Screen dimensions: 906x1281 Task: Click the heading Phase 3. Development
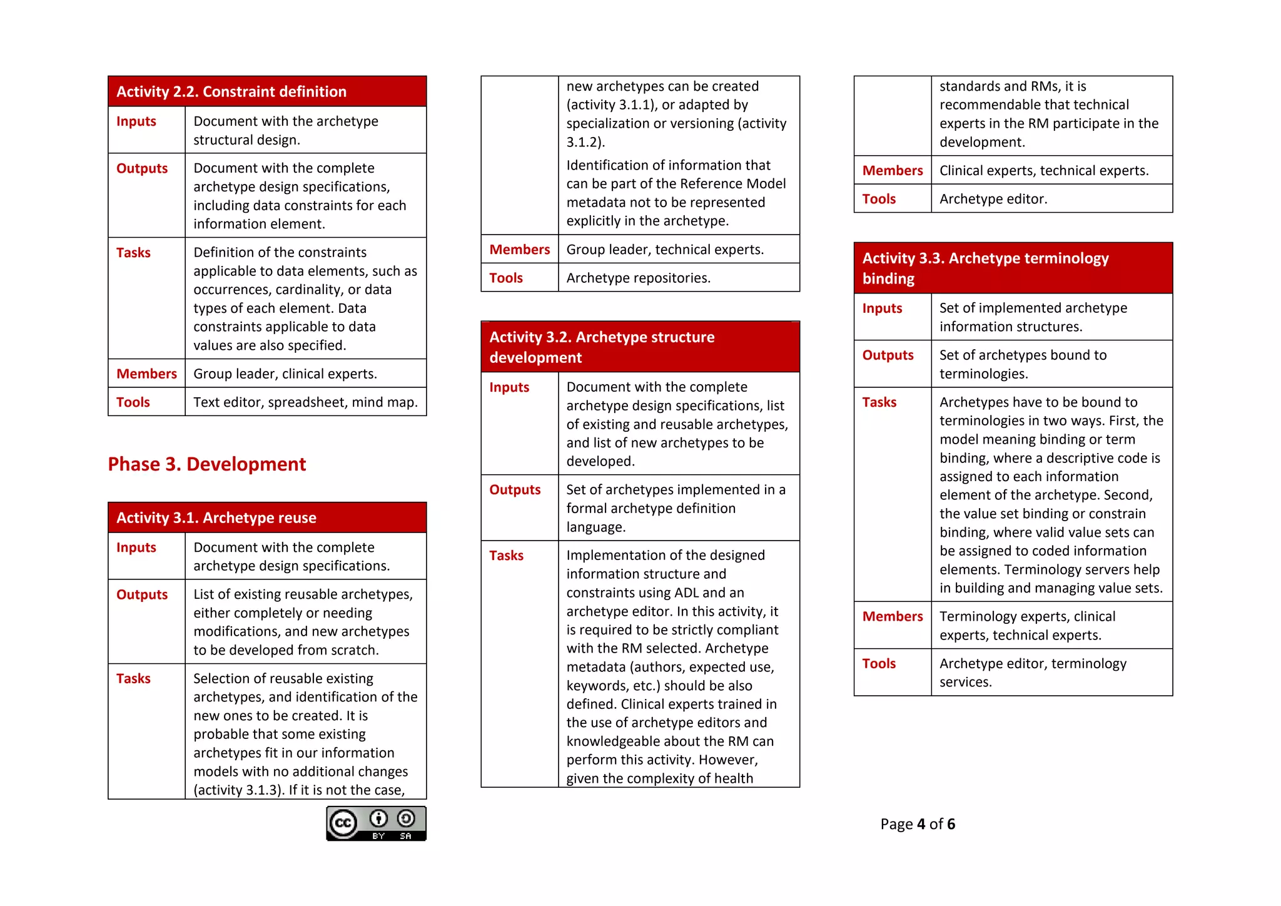coord(206,464)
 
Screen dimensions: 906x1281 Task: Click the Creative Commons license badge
coord(376,823)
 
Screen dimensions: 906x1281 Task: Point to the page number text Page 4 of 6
coord(917,824)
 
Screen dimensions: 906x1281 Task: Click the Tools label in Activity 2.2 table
coord(133,402)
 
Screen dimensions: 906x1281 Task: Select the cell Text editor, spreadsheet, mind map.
coord(305,402)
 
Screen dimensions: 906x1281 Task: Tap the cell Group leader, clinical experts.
coord(285,374)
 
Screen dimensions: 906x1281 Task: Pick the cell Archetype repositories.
coord(638,278)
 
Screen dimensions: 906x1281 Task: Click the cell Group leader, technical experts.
coord(665,250)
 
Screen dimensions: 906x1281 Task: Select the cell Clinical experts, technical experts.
coord(1043,171)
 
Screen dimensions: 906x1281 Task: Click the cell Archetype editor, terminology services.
coord(1032,673)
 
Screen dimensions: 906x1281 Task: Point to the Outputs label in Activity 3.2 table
coord(515,490)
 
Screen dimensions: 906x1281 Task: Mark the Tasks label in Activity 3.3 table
coord(879,402)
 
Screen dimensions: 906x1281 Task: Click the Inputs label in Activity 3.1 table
coord(136,547)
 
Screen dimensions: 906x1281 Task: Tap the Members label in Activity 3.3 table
coord(892,616)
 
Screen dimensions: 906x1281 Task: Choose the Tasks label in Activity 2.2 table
coord(133,253)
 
